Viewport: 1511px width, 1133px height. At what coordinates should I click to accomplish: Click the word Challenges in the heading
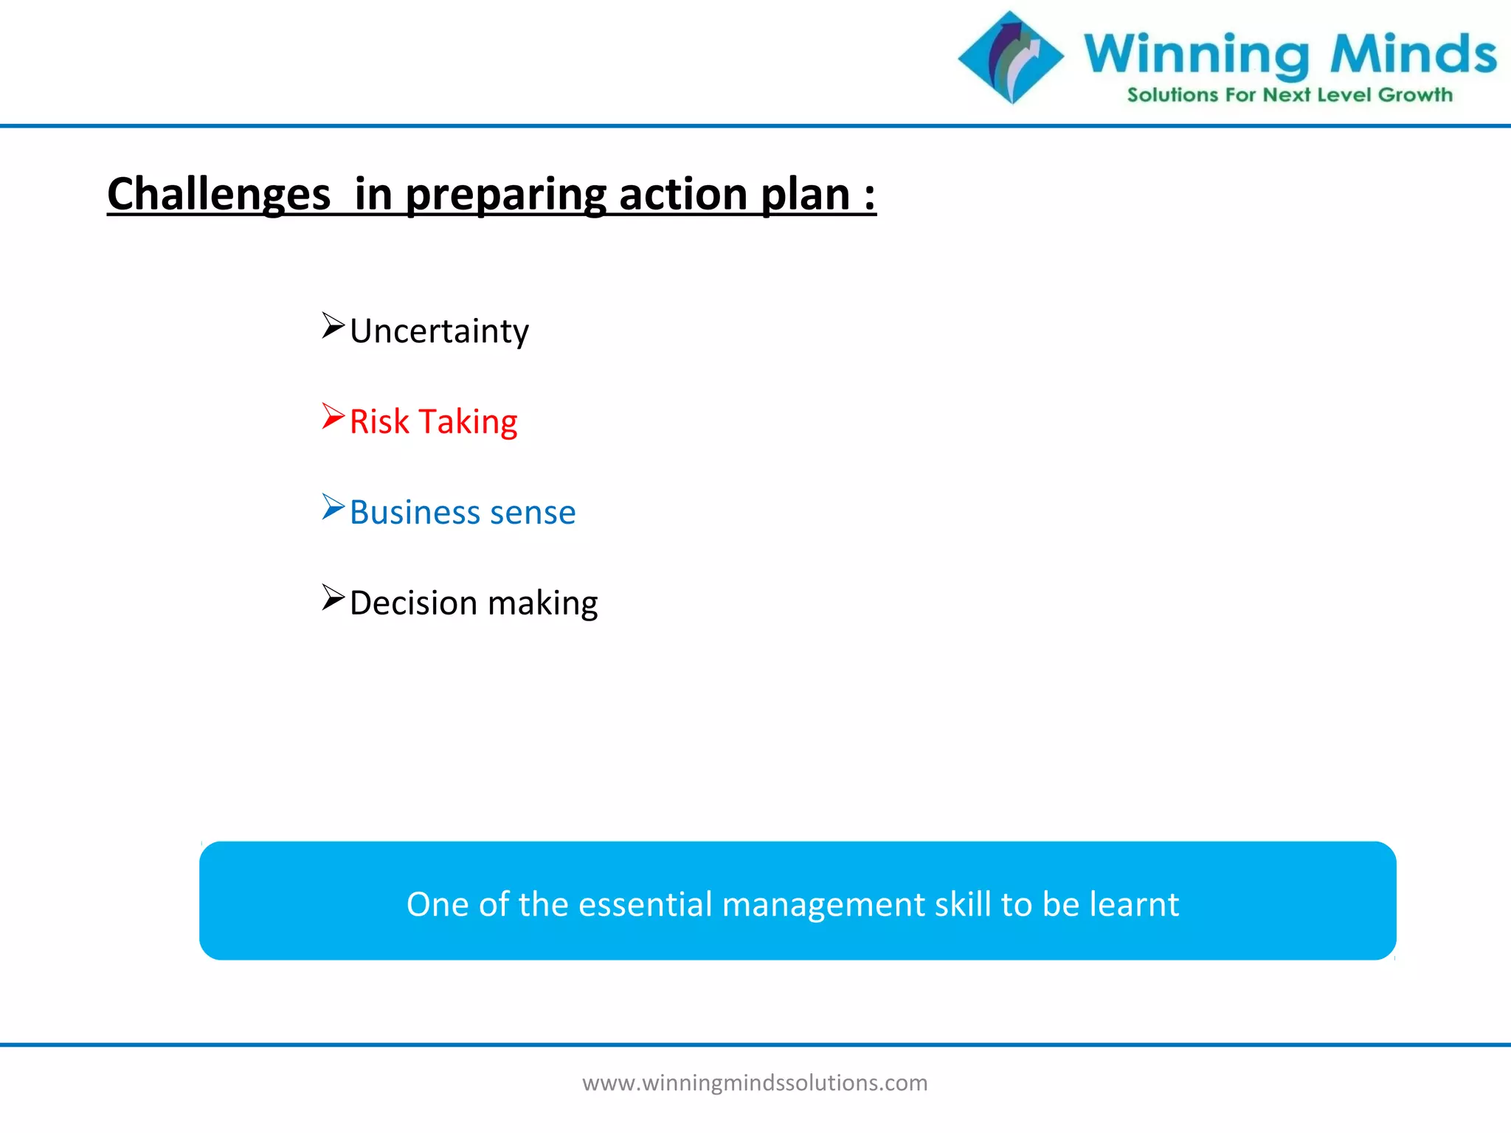218,195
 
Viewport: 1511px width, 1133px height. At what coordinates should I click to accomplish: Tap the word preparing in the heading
505,195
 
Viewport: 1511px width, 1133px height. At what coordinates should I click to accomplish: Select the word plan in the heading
805,195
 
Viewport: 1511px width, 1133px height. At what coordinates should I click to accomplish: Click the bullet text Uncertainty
439,331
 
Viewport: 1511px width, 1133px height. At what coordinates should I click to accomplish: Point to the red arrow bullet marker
333,417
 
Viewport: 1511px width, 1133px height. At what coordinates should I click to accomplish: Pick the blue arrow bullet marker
333,507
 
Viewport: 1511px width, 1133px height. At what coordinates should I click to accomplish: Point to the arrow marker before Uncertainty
333,326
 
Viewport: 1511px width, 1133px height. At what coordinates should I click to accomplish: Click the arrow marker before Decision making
333,598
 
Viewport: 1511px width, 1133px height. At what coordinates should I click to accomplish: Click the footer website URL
755,1083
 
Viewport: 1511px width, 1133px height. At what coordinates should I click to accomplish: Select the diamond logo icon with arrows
1011,58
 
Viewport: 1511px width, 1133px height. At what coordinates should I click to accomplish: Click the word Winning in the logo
1196,55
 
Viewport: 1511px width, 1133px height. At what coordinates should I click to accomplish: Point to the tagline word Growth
1414,95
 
